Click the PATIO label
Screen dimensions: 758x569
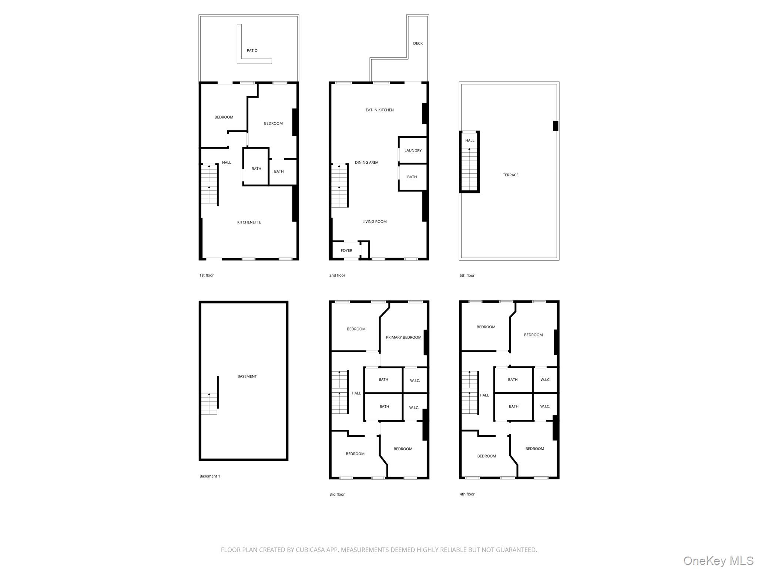(252, 51)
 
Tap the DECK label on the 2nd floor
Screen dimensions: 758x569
(418, 43)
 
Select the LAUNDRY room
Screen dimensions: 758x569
(413, 150)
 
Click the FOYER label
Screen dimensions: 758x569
(346, 251)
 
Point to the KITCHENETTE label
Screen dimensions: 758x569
(249, 222)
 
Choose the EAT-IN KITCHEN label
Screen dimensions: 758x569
(380, 110)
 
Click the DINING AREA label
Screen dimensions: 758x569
(366, 163)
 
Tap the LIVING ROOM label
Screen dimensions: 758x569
(375, 222)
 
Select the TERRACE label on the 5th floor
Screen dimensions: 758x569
(510, 175)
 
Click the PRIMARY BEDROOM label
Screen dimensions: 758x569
(403, 337)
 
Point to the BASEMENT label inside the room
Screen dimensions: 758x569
(247, 377)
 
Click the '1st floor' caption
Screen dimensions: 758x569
(207, 276)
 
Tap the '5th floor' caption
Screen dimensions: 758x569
(467, 276)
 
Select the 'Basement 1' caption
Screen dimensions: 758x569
(210, 476)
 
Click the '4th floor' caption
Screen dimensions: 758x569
(467, 494)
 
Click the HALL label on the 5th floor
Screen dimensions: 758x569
(470, 141)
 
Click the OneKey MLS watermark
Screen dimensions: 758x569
(718, 560)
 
